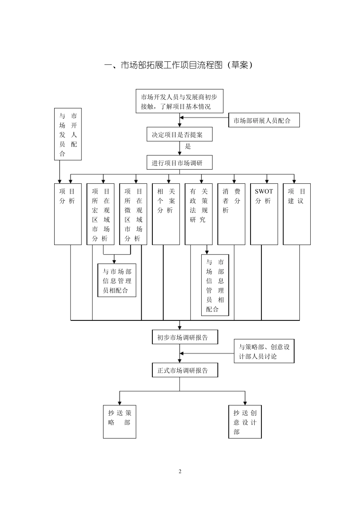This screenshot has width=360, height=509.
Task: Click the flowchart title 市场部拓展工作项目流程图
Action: [x=178, y=65]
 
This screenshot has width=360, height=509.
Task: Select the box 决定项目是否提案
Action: [x=179, y=134]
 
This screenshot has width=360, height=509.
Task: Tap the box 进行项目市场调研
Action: [x=179, y=163]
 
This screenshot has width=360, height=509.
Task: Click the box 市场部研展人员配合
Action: [x=264, y=120]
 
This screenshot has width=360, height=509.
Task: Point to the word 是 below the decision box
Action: [x=188, y=147]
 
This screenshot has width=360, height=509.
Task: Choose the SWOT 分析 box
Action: [x=264, y=214]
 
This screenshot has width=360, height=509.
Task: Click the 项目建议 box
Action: [x=297, y=214]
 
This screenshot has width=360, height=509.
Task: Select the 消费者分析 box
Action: [x=232, y=214]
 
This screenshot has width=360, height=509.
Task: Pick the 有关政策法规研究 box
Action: [x=199, y=214]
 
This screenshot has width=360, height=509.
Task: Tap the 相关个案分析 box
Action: [x=166, y=214]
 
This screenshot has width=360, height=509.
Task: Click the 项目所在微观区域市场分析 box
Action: [x=133, y=214]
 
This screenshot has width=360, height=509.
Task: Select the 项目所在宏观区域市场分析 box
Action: [x=100, y=214]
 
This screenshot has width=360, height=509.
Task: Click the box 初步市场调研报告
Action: [x=185, y=337]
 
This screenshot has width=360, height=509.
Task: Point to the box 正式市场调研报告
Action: [x=185, y=370]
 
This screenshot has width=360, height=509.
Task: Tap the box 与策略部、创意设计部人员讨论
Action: [x=264, y=351]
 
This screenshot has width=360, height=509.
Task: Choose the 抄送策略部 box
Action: [x=119, y=422]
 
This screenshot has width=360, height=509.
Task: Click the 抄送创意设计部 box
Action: [x=245, y=422]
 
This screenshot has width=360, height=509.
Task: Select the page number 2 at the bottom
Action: [x=180, y=472]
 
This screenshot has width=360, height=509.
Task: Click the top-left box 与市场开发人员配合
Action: [x=68, y=134]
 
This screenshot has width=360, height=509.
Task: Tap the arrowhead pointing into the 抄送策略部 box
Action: [x=119, y=403]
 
